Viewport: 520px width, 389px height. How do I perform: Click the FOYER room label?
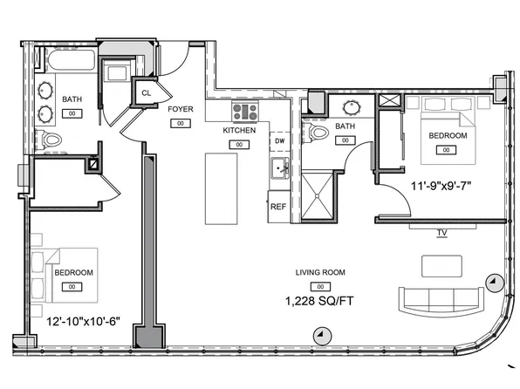181,109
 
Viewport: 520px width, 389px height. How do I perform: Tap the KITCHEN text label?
239,130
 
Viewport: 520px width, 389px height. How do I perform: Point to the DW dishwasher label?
279,140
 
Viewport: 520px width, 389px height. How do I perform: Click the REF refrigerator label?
278,207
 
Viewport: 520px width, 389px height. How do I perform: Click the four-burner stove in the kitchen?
245,112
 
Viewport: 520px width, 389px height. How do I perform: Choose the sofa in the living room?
440,300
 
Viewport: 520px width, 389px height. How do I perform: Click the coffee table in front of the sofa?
443,265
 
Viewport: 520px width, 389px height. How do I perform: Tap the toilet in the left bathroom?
52,140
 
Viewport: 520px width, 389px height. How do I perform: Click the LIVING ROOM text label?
320,272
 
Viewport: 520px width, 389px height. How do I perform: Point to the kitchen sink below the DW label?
278,168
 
